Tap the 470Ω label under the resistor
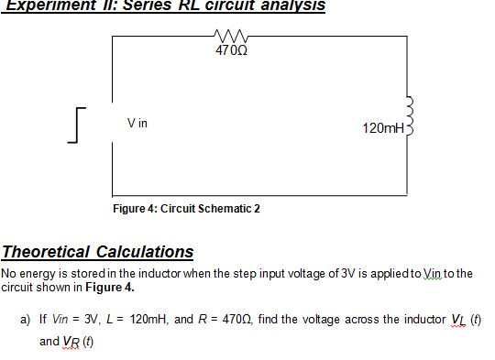tap(225, 49)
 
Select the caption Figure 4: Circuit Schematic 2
tap(186, 209)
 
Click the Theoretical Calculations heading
tap(98, 252)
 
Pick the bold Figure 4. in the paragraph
tap(115, 286)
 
